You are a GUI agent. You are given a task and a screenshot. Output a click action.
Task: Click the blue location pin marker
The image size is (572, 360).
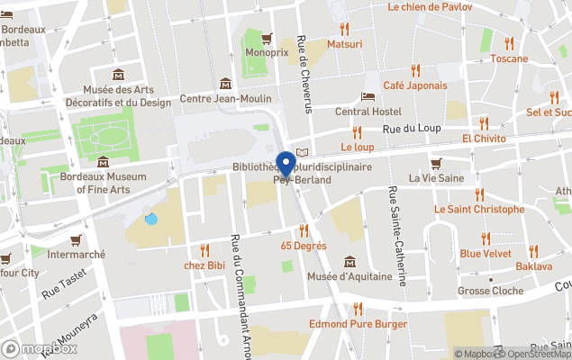click(x=286, y=164)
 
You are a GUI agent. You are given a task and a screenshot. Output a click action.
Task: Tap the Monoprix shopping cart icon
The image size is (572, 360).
click(x=267, y=39)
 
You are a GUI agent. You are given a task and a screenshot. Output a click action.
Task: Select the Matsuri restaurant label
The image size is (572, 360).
click(x=344, y=44)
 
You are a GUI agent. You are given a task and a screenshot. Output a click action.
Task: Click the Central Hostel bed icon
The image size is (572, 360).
click(x=368, y=97)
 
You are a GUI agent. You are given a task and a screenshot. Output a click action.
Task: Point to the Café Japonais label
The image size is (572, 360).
click(x=414, y=85)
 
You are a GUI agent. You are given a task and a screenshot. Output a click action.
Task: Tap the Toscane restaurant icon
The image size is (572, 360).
click(x=509, y=43)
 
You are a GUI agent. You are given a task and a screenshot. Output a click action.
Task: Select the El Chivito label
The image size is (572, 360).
click(x=484, y=139)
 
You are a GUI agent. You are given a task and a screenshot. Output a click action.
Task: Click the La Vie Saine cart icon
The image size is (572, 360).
click(x=437, y=164)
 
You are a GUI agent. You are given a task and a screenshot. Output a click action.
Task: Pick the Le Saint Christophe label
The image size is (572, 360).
click(x=478, y=209)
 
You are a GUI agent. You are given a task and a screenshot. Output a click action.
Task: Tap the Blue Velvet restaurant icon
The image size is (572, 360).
click(x=486, y=238)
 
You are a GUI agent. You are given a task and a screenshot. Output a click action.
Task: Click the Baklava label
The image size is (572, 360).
click(x=533, y=267)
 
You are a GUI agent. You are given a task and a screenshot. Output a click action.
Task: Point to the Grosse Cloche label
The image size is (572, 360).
click(x=490, y=292)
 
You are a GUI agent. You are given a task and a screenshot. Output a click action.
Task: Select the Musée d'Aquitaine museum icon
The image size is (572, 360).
click(x=350, y=262)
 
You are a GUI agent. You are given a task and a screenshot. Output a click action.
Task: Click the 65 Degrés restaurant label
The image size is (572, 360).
click(x=304, y=246)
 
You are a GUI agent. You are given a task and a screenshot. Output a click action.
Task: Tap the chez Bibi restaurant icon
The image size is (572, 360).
click(x=204, y=250)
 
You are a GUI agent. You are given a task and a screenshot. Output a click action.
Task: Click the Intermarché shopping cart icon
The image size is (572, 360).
click(x=77, y=240)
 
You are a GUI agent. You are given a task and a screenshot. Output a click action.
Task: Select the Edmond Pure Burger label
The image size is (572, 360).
click(x=358, y=324)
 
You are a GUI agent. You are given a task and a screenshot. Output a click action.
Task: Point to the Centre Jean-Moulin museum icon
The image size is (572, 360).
click(x=225, y=84)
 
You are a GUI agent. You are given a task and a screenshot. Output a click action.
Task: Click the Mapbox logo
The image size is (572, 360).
click(x=40, y=348)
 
